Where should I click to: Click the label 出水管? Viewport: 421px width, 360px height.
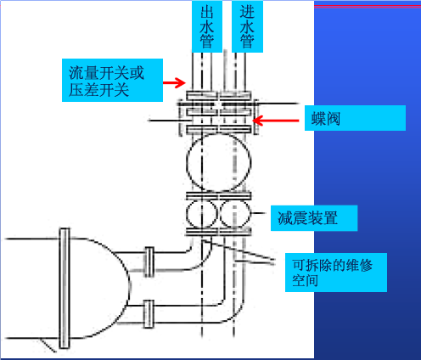point(207,26)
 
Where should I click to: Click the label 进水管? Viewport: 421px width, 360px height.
point(247,26)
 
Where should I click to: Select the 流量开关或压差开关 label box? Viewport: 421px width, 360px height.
point(112,80)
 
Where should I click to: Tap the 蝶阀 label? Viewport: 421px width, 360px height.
point(355,118)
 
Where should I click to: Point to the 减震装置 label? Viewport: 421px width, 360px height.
point(314,218)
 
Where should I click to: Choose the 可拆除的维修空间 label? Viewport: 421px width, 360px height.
point(336,273)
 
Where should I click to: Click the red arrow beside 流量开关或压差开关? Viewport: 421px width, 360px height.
point(174,82)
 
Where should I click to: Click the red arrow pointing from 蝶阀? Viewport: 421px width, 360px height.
point(276,121)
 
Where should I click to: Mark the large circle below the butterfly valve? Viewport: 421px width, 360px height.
point(187,163)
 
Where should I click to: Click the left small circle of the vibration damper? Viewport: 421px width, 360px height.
point(187,214)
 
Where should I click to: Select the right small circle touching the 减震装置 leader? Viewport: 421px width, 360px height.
point(251,214)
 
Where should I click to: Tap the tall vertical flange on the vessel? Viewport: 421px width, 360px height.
point(65,288)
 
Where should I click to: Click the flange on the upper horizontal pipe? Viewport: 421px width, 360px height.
point(149,262)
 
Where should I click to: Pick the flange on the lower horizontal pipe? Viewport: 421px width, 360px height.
point(149,314)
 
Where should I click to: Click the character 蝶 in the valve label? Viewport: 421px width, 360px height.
point(318,118)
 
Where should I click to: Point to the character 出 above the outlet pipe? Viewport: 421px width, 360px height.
point(207,12)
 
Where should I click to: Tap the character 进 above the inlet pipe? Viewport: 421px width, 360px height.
point(247,12)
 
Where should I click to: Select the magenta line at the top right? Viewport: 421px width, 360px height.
point(368,7)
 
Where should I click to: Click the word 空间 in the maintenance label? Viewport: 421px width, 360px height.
point(305,280)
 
